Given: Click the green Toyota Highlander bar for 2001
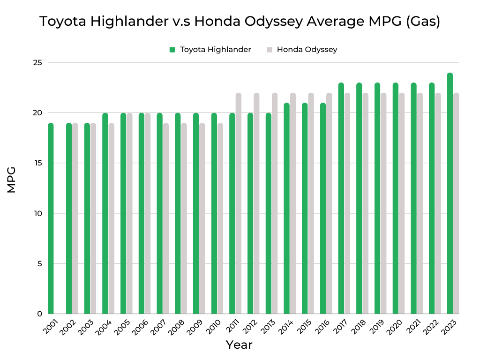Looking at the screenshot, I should coord(51,218).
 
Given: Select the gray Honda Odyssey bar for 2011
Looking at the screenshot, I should coord(239,203).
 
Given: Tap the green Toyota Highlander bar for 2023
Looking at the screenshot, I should coord(450,193).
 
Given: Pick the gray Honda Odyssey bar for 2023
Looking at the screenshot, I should coord(456,203).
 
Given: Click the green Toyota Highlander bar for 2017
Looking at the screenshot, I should coord(341,198).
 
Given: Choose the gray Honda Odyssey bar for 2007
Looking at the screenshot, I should coord(166,218).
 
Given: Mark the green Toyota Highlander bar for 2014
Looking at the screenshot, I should coord(287,208).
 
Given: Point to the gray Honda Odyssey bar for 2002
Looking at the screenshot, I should coord(75,218).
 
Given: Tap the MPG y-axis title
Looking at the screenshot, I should coord(12,180).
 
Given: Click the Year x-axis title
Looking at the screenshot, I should coord(239,345).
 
